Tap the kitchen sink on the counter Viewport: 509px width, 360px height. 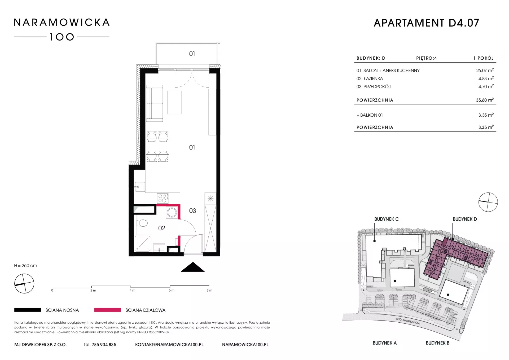140,187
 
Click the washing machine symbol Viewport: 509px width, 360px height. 172,213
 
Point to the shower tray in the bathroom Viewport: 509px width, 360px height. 143,243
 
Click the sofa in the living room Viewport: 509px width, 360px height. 154,103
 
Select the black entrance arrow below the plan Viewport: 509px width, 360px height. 193,267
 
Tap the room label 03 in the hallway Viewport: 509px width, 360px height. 192,211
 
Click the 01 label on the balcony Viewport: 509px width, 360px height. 192,54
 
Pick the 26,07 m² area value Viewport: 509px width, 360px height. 485,71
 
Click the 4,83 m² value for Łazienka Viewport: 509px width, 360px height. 486,78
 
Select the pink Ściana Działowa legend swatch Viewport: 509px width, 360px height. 107,310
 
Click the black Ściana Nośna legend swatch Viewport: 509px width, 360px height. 28,310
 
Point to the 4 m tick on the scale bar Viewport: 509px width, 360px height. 131,287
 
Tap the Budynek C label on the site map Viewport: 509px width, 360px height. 387,219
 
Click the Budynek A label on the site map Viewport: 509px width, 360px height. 385,343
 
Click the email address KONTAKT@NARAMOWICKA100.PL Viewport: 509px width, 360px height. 169,345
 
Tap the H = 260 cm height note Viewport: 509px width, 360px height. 25,266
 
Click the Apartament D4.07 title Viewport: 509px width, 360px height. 427,23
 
